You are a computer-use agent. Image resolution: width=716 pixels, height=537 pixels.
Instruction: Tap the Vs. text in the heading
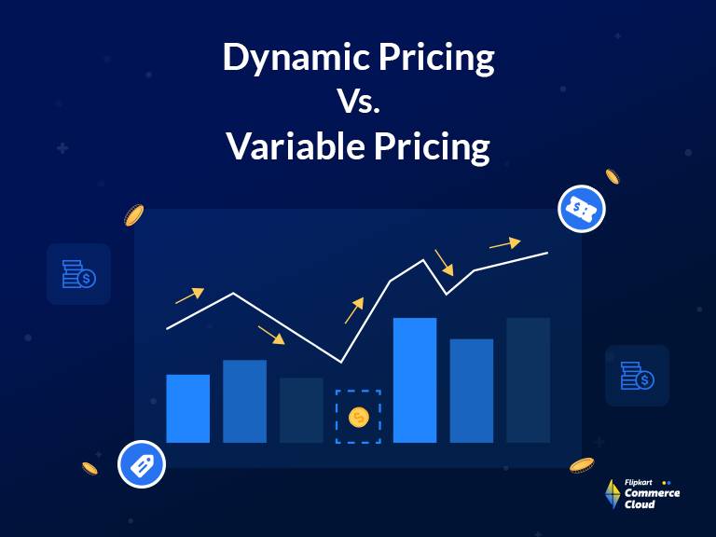(358, 103)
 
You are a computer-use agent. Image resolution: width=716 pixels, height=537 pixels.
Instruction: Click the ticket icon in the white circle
(582, 209)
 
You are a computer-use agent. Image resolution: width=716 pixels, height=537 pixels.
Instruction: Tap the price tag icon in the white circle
(141, 464)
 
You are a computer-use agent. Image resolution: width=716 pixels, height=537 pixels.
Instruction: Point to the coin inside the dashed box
(359, 416)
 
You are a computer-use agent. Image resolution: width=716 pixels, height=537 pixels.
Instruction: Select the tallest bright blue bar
(415, 379)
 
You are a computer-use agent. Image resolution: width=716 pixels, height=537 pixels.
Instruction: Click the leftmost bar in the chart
(187, 408)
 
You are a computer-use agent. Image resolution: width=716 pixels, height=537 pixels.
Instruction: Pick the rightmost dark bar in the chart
(528, 379)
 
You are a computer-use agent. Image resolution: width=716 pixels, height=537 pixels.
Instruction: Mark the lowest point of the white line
(341, 362)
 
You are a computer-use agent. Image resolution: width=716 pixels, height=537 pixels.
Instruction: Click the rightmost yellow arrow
(504, 243)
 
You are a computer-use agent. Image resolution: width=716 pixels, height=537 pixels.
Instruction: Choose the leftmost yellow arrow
(189, 296)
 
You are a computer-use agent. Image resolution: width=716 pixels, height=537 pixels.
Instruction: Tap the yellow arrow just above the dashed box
(353, 310)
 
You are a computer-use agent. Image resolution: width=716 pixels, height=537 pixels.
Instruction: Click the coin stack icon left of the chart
(78, 274)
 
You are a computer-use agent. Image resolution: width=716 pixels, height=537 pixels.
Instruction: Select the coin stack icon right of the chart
(637, 376)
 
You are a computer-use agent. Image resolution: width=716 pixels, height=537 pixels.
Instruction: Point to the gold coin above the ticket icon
(613, 176)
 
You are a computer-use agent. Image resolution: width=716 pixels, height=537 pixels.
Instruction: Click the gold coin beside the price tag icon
(90, 468)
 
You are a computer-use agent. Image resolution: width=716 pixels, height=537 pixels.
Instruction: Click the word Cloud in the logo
(640, 504)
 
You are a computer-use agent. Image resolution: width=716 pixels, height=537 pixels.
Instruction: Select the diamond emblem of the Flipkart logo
(613, 494)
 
